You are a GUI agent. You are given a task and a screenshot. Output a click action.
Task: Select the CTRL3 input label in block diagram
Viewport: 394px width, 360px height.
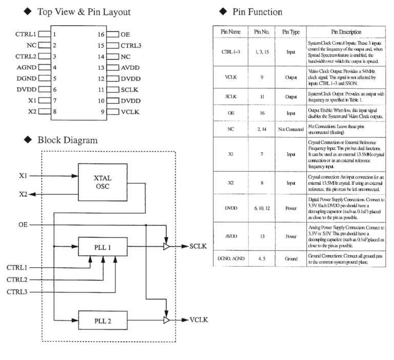click(x=17, y=291)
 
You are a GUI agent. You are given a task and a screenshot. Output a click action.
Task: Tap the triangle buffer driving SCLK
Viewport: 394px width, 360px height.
click(x=166, y=247)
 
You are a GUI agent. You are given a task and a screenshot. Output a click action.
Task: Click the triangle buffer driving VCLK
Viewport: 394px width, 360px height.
click(x=166, y=320)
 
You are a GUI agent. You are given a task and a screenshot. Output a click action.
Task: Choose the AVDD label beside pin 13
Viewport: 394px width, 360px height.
click(x=130, y=67)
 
